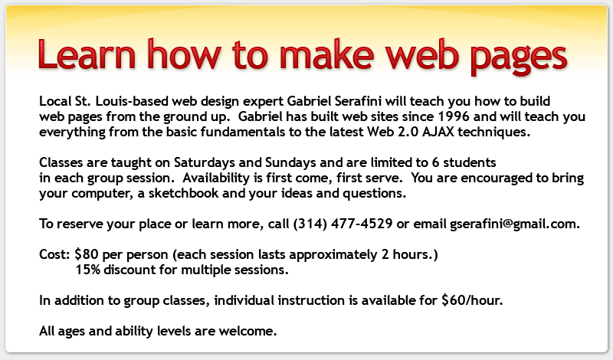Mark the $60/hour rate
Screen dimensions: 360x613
(x=472, y=300)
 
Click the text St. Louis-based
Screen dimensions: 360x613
(x=115, y=101)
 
